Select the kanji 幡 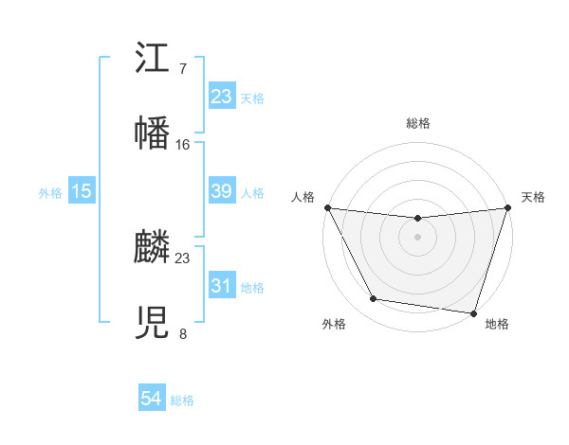(x=153, y=133)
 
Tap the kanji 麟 (x=153, y=249)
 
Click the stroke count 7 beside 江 (x=183, y=69)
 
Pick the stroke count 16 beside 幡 (x=183, y=144)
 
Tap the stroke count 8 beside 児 (x=183, y=333)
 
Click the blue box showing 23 (x=222, y=97)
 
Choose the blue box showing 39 (x=222, y=191)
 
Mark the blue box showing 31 (x=222, y=286)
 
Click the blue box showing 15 (x=82, y=191)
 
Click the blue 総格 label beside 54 (x=182, y=400)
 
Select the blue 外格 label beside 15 (x=50, y=192)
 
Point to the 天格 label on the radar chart (x=534, y=197)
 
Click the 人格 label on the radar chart (x=303, y=197)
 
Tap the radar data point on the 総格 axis (x=417, y=219)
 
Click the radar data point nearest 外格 (x=374, y=299)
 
